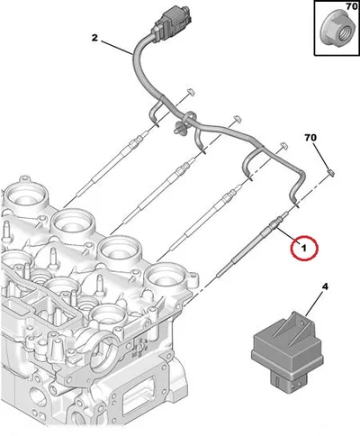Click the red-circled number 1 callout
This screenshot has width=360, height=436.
click(304, 248)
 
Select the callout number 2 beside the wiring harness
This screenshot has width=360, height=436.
click(94, 38)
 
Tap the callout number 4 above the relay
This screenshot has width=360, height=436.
click(325, 287)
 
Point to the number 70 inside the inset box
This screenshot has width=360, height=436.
click(351, 6)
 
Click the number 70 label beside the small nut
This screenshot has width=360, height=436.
click(310, 138)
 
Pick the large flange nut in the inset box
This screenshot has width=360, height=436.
click(336, 30)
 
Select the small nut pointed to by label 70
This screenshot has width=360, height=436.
click(330, 173)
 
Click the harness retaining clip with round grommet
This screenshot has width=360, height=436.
click(179, 129)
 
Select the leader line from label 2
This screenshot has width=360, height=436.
click(117, 48)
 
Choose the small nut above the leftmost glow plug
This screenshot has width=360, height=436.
click(189, 92)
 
